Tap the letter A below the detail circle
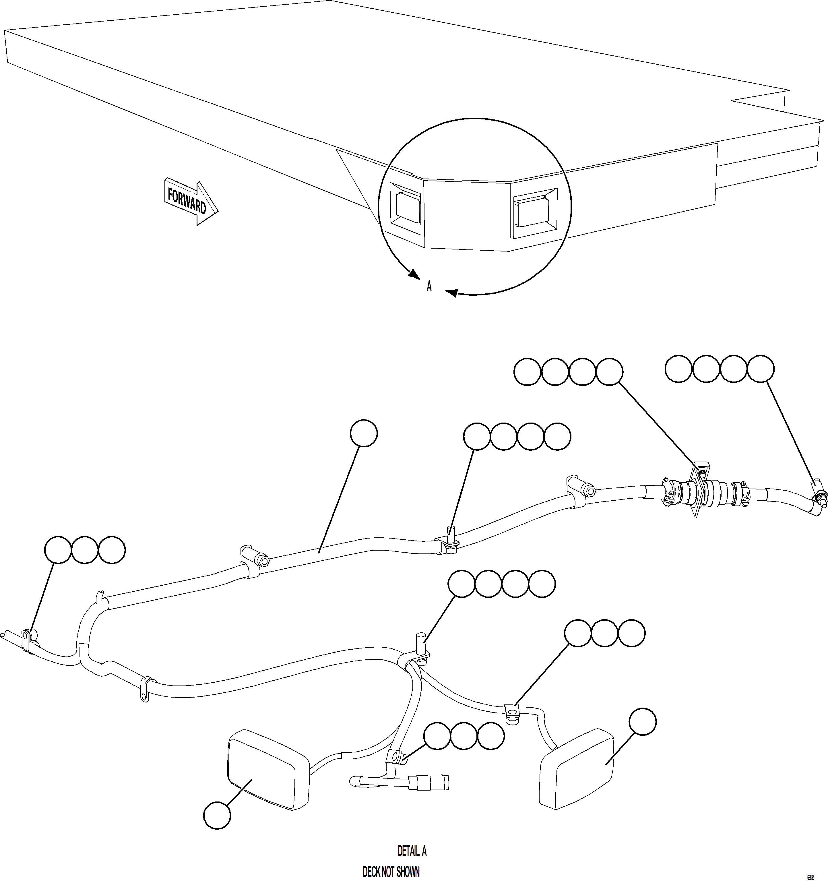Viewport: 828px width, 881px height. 429,287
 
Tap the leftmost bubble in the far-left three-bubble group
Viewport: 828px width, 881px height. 58,550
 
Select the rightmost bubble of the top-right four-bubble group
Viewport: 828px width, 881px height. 761,369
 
